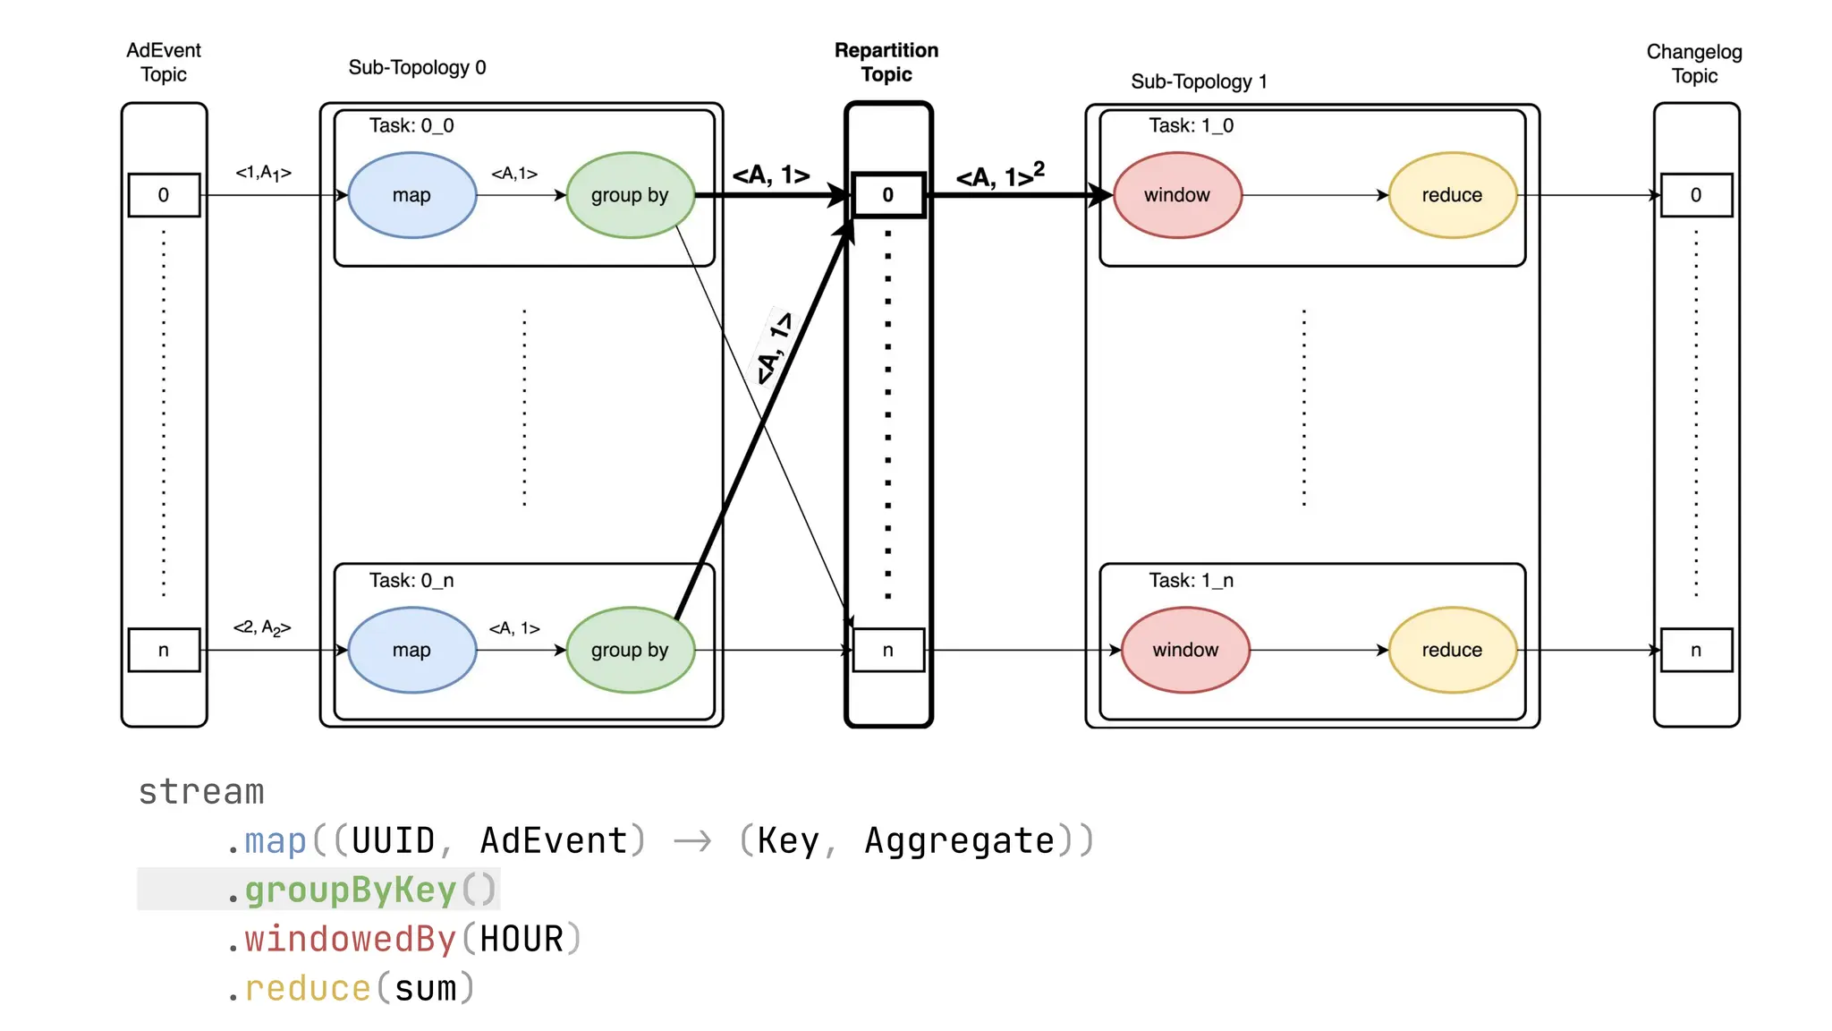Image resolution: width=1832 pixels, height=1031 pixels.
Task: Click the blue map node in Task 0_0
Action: pyautogui.click(x=411, y=195)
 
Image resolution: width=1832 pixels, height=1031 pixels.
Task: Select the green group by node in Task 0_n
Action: pyautogui.click(x=630, y=650)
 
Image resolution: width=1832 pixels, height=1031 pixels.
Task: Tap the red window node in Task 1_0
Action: pyautogui.click(x=1177, y=195)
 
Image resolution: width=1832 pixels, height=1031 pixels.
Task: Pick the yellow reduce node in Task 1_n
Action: pyautogui.click(x=1452, y=650)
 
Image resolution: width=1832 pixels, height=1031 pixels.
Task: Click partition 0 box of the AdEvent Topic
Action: pyautogui.click(x=164, y=195)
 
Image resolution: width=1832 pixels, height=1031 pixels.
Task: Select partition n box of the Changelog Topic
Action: pyautogui.click(x=1696, y=650)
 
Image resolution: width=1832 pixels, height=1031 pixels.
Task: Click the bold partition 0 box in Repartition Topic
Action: pyautogui.click(x=887, y=195)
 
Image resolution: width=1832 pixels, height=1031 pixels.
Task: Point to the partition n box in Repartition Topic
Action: pyautogui.click(x=887, y=650)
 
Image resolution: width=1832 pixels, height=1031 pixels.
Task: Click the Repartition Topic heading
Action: pyautogui.click(x=886, y=62)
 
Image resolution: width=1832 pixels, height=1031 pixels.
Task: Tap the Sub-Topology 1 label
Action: pyautogui.click(x=1199, y=81)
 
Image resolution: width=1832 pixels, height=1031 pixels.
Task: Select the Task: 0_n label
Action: pyautogui.click(x=411, y=580)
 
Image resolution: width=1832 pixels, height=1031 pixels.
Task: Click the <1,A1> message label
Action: pyautogui.click(x=263, y=173)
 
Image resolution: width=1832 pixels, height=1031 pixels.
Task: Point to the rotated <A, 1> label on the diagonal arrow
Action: pyautogui.click(x=774, y=348)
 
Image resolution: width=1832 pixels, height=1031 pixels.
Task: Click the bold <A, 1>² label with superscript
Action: pyautogui.click(x=999, y=175)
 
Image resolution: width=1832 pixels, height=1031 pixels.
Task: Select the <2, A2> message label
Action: pyautogui.click(x=262, y=627)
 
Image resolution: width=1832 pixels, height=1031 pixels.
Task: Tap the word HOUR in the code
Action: pyautogui.click(x=522, y=939)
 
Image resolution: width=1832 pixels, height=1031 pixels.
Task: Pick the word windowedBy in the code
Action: pyautogui.click(x=350, y=939)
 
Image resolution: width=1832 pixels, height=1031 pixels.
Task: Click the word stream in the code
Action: pyautogui.click(x=201, y=792)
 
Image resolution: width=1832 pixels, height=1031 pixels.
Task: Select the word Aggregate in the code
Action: pyautogui.click(x=959, y=840)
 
